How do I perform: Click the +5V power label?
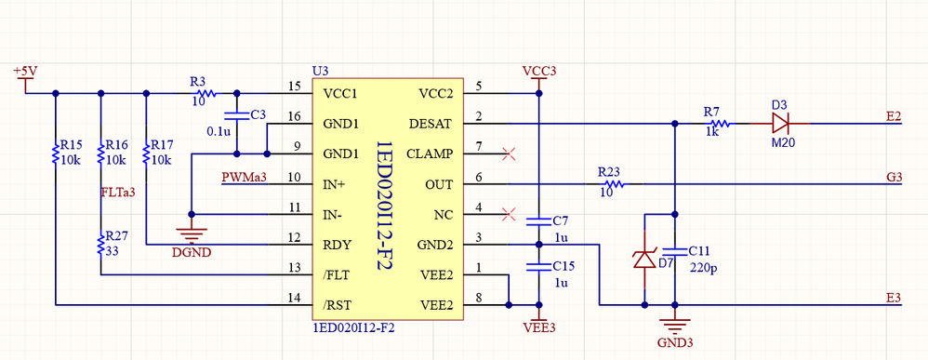pos(25,71)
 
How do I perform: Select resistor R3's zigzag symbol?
pos(205,93)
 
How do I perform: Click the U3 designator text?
pos(321,72)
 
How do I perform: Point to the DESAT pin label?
pos(430,123)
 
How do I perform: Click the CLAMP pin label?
pos(429,153)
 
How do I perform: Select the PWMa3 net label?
pos(244,178)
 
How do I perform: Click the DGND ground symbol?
pos(192,223)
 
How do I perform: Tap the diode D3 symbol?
pos(779,123)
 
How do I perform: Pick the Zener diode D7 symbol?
pos(643,259)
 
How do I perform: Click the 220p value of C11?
pos(704,268)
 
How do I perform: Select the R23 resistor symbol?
pos(608,184)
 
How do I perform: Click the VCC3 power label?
pos(538,72)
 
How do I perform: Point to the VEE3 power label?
pos(538,327)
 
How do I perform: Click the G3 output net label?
pos(894,178)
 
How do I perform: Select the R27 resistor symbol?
pos(100,245)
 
